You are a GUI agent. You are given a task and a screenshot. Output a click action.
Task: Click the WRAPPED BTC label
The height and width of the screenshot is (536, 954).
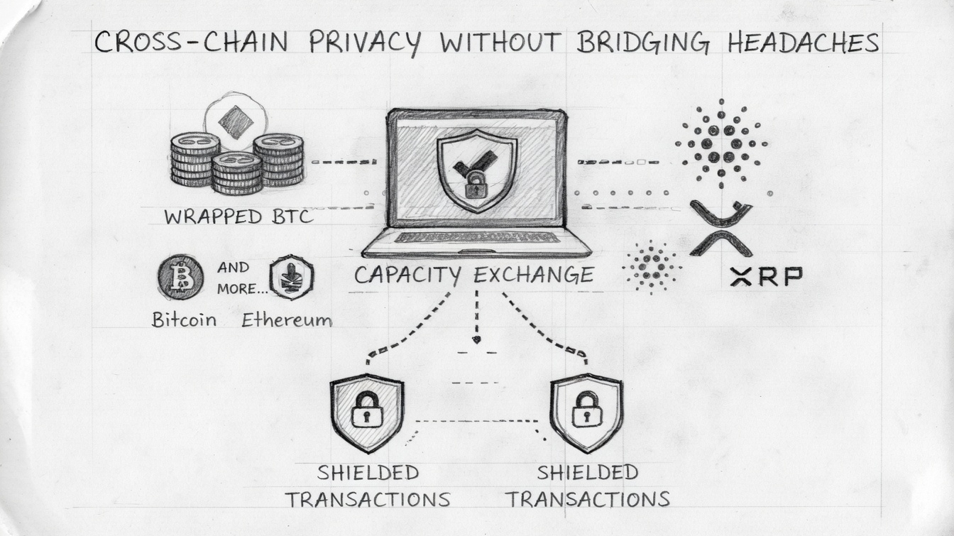(x=238, y=217)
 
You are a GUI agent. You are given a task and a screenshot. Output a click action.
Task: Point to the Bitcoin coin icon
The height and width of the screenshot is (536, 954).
(x=180, y=278)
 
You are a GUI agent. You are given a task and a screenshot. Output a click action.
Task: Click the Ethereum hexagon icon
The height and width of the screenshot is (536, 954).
(x=292, y=278)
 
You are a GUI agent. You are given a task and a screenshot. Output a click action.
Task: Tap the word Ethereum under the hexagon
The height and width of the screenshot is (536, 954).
(x=286, y=320)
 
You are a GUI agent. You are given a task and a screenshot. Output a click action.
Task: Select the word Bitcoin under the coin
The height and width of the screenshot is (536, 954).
(x=184, y=319)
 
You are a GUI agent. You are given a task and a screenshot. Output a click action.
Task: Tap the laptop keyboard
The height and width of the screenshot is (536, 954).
(x=476, y=237)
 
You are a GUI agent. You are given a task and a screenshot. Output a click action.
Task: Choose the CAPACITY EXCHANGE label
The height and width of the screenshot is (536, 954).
(x=473, y=275)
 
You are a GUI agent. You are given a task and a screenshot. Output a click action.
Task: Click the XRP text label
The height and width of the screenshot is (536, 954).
(x=766, y=277)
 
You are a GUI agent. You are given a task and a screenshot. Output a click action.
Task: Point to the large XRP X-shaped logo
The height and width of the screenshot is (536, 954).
(x=721, y=227)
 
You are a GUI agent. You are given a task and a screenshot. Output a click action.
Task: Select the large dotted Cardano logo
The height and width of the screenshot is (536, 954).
(x=721, y=143)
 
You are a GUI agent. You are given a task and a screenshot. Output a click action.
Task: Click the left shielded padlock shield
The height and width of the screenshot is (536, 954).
(x=366, y=412)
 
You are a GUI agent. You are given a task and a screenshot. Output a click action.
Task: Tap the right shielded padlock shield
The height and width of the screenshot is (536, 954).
(x=586, y=412)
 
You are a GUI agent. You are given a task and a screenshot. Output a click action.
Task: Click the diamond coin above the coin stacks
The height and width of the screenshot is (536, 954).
(x=236, y=123)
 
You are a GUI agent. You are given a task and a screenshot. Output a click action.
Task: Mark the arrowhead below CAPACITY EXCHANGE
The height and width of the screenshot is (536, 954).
(x=476, y=339)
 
